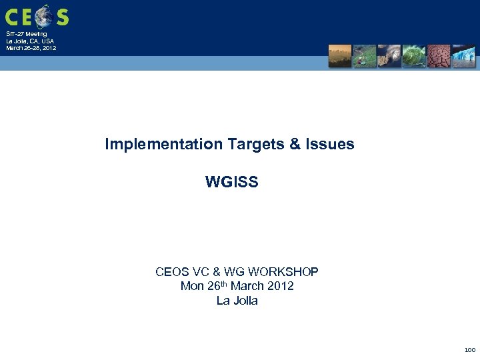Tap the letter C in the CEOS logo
[12, 16]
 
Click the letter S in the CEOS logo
[62, 16]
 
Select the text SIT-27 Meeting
[27, 34]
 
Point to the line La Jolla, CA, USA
[30, 41]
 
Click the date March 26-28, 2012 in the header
[31, 48]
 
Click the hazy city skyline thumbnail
[340, 56]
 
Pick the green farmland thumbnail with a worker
[365, 56]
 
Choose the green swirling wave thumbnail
[414, 56]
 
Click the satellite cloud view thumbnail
[389, 56]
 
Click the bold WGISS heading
[231, 182]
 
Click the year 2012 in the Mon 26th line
[280, 286]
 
